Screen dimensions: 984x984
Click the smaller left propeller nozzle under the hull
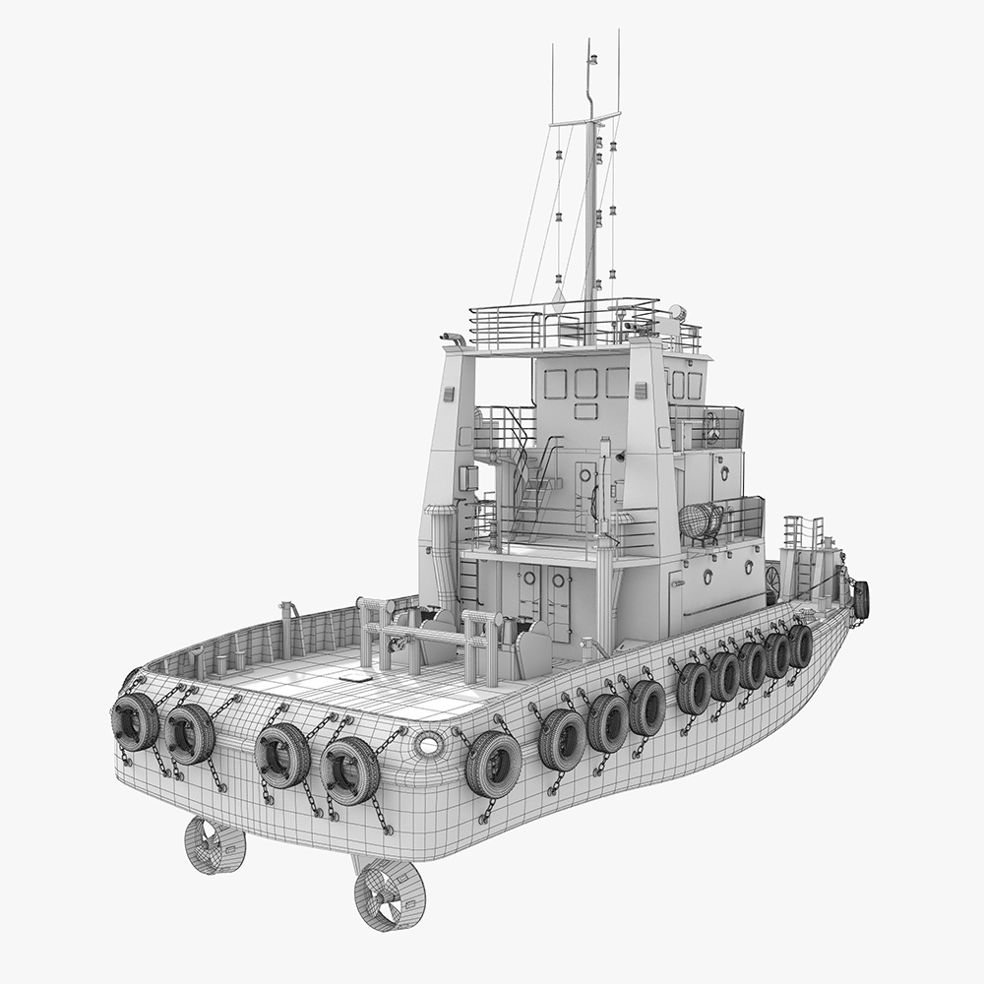[214, 845]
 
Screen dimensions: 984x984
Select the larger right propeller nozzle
[390, 894]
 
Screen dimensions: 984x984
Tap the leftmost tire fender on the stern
[135, 721]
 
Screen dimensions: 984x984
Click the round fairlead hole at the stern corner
[427, 744]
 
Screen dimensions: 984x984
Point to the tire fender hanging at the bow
[861, 599]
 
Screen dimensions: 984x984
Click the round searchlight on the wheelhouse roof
[676, 312]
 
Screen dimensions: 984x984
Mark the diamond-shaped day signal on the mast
[558, 295]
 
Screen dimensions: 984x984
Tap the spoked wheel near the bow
[772, 581]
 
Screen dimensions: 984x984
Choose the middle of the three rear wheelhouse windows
[586, 383]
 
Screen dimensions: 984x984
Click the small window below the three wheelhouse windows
[586, 411]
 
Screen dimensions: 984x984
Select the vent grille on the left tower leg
[449, 394]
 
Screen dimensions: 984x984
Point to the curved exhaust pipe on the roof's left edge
[454, 340]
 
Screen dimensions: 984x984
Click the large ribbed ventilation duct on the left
[440, 551]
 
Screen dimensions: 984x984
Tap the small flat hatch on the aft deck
[355, 677]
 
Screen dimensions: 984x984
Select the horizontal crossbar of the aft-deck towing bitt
[428, 635]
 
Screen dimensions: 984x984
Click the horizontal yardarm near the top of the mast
[585, 120]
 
